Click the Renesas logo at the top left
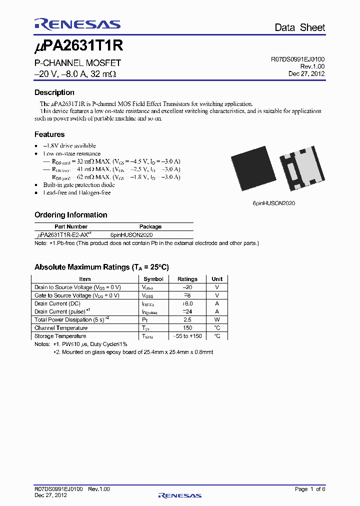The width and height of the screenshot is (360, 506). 77,24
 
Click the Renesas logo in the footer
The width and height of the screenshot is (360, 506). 179,495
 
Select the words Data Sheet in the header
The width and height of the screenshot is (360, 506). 299,27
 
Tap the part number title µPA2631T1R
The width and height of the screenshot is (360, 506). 78,46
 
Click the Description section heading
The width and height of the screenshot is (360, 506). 54,92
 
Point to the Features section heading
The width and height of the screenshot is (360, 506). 49,134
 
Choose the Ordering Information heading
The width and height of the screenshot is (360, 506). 70,215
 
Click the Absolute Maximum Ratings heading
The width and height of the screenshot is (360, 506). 105,267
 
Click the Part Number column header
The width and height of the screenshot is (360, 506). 70,226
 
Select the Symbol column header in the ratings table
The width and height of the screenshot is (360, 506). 153,279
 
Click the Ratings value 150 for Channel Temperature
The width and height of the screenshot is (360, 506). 187,328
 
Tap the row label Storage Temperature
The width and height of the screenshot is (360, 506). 60,336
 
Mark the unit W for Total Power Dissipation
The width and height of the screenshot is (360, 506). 217,319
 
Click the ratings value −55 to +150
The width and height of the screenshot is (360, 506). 187,336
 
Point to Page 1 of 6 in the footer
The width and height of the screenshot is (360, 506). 309,489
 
